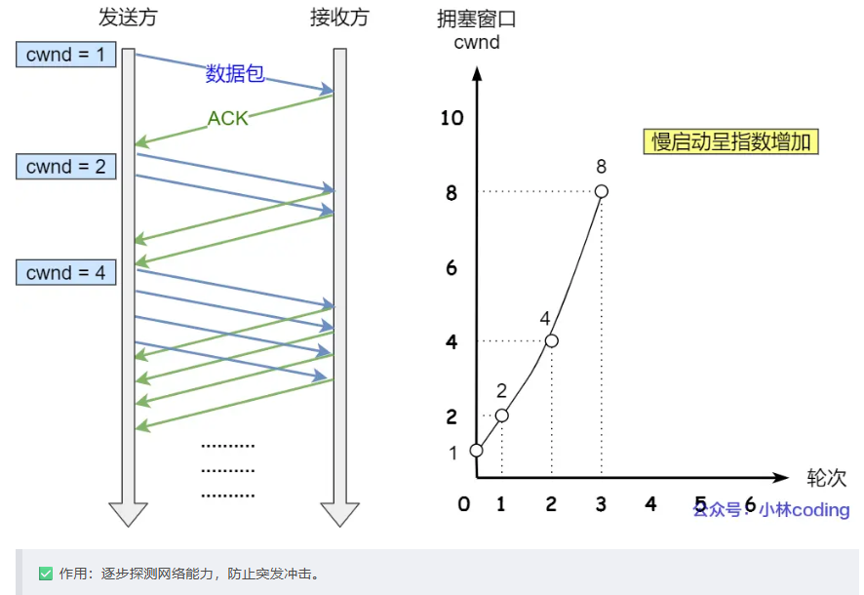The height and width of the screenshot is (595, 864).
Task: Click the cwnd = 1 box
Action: point(66,55)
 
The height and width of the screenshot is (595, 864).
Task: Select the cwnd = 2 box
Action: point(66,167)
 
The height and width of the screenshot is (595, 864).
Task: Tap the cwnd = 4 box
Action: point(66,272)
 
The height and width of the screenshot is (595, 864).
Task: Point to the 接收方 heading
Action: point(340,18)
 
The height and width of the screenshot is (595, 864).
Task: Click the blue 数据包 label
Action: point(235,74)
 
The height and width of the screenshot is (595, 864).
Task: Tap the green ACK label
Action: point(228,118)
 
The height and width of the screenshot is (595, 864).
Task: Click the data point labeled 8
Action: point(602,191)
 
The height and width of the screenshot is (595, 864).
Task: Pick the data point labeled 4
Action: point(551,340)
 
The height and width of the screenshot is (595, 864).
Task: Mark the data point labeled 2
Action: point(501,416)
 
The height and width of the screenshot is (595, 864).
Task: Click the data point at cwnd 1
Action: point(476,451)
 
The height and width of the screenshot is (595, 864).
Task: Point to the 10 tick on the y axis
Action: point(452,118)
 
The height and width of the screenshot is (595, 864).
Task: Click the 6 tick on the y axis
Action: point(452,267)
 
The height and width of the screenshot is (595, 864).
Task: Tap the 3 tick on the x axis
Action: point(601,504)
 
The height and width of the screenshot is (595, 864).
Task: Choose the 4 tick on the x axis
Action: point(650,504)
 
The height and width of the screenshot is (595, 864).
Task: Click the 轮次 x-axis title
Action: point(826,478)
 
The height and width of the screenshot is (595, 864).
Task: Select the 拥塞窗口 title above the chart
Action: point(477,18)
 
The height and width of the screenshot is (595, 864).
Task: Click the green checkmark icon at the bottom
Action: point(45,574)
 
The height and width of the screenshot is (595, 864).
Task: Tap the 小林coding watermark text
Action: point(805,510)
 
